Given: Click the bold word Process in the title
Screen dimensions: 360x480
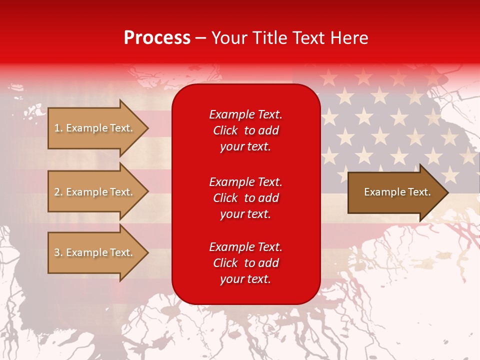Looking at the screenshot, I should click(157, 38).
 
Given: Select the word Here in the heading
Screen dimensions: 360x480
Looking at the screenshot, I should click(349, 38).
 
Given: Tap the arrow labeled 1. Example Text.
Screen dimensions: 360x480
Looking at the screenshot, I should click(93, 128).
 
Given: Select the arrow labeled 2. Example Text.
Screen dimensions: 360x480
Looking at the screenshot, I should click(93, 192).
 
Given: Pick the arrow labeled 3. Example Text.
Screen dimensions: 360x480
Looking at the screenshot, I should click(93, 252).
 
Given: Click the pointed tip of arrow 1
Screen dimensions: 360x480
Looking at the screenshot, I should click(146, 128).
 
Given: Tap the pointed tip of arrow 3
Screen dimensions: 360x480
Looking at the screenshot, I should click(146, 252).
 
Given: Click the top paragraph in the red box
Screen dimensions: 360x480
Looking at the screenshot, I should click(245, 130).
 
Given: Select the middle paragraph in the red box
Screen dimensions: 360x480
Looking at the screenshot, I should click(245, 198).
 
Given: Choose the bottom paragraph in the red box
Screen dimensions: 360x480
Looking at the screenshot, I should click(245, 263).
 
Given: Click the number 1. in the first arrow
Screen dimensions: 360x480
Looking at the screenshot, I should click(58, 128).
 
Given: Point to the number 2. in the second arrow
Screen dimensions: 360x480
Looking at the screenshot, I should click(58, 192).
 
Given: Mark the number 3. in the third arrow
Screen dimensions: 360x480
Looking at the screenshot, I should click(58, 252).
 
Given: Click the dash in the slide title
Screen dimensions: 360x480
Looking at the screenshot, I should click(200, 38).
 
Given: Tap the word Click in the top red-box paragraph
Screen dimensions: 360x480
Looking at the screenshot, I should click(225, 131).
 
